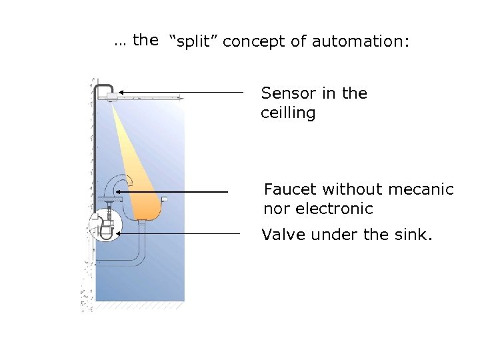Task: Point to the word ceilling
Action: [288, 113]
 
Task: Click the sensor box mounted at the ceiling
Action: [111, 96]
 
